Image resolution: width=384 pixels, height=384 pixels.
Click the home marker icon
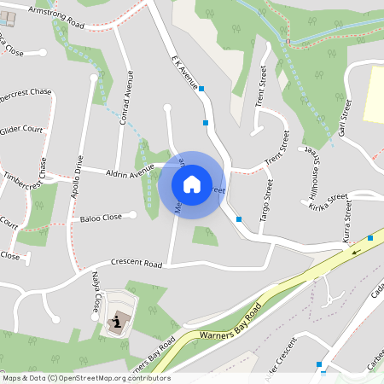pyautogui.click(x=191, y=183)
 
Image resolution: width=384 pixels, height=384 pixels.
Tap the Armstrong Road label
pyautogui.click(x=56, y=14)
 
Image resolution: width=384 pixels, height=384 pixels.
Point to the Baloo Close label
pyautogui.click(x=101, y=218)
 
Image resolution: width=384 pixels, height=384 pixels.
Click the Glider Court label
pyautogui.click(x=22, y=130)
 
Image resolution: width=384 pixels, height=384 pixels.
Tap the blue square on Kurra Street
pyautogui.click(x=370, y=238)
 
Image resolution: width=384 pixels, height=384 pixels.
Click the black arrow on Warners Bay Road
pyautogui.click(x=356, y=250)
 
